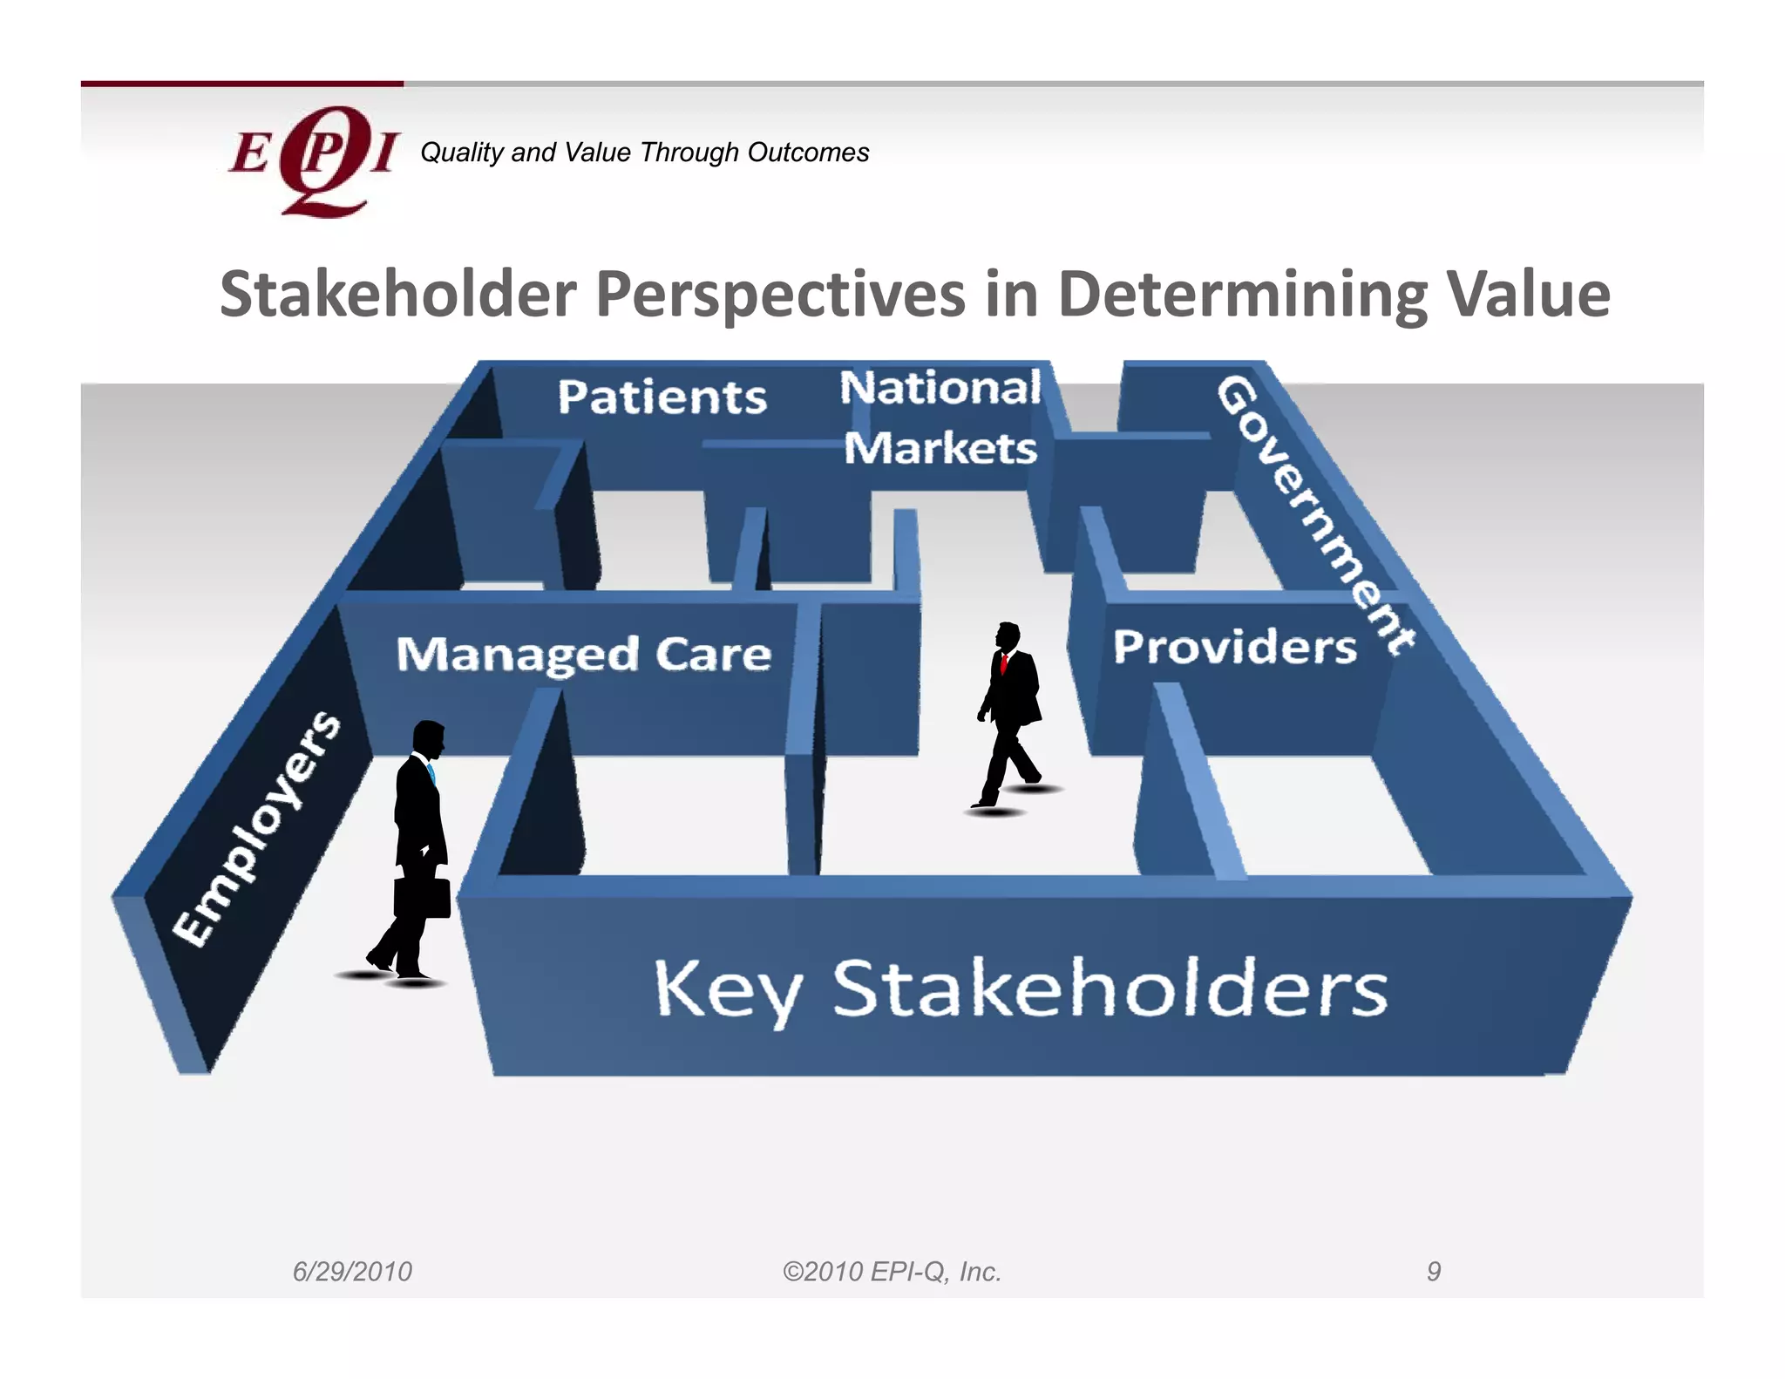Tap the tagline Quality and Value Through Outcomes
(x=644, y=153)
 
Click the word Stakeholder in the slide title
(x=397, y=295)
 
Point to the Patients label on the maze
(x=662, y=397)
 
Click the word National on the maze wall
(x=940, y=388)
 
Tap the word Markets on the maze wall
(x=940, y=449)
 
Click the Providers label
(x=1234, y=648)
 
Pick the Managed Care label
(x=583, y=655)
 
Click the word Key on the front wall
(x=727, y=990)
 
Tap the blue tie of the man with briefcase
(x=431, y=772)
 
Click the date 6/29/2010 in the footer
(x=352, y=1272)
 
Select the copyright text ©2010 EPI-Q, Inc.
(x=892, y=1272)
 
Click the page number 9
(x=1433, y=1272)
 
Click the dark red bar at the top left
(x=241, y=84)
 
